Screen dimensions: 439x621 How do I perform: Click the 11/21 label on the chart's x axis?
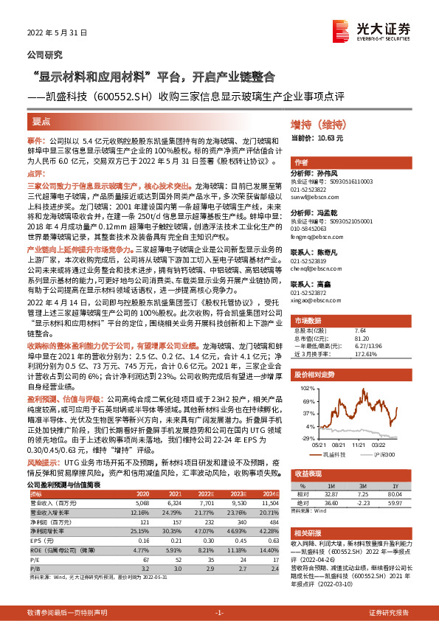(359, 444)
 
